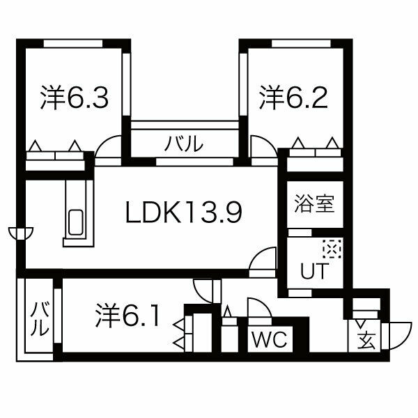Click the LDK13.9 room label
coord(184,212)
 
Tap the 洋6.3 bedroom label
coord(75,98)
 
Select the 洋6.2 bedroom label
coord(293,98)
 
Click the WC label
coord(269,339)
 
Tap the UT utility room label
coord(314,270)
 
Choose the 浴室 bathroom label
coord(315,204)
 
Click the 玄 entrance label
coord(366,341)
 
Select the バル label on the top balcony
coord(184,144)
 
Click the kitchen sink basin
coord(76,222)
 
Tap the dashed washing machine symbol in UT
coord(332,249)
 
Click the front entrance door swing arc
coord(397,336)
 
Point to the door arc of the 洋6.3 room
coord(108,147)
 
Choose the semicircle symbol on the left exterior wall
coord(21,233)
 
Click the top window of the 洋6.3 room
coord(73,43)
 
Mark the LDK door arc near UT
coord(263,258)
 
